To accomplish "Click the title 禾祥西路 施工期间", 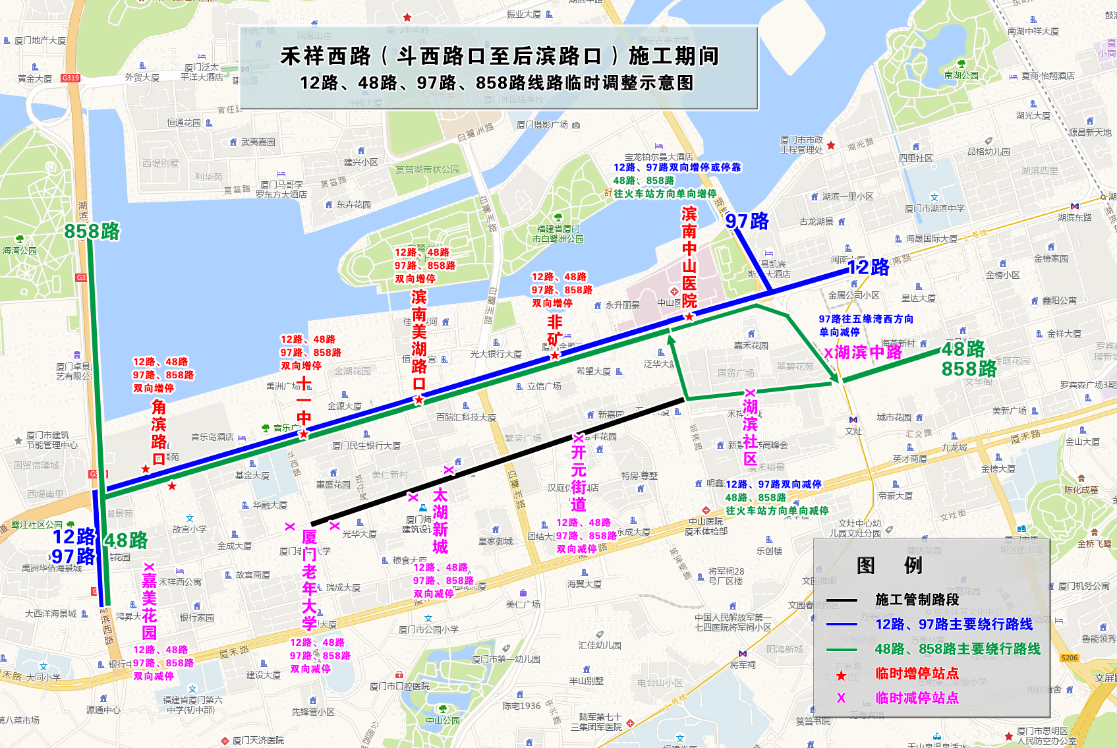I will [499, 57].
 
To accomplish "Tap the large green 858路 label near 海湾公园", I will [92, 231].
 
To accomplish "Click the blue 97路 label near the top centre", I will [747, 221].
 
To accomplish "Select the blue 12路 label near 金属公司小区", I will [868, 268].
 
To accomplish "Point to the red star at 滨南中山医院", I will [689, 316].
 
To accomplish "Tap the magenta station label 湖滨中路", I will [868, 353].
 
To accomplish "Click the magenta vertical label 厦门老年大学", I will [309, 580].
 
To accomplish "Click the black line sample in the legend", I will [842, 600].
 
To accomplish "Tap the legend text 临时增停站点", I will [917, 674].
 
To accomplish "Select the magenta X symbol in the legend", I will [841, 698].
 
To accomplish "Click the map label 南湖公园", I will [961, 75].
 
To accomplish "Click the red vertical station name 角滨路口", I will [158, 432].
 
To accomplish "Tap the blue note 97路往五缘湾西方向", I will [866, 319].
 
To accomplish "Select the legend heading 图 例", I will [888, 565].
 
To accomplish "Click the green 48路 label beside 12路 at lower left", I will [127, 540].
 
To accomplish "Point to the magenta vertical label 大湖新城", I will [440, 521].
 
